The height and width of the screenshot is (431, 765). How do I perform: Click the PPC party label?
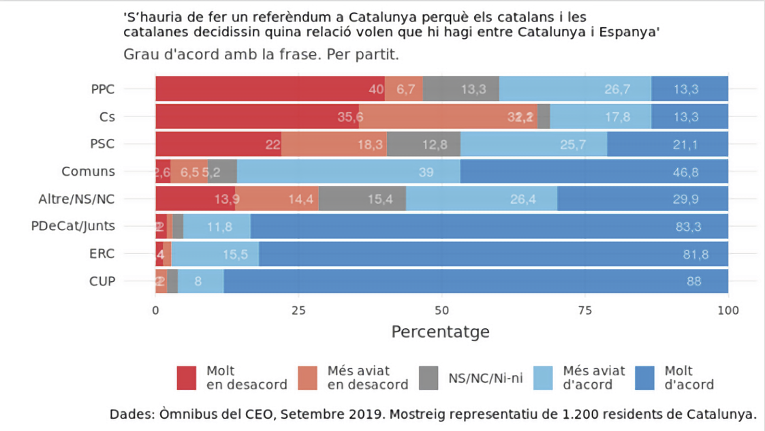click(102, 89)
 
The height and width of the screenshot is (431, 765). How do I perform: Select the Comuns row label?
click(88, 172)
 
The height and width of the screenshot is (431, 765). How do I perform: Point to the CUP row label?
click(102, 281)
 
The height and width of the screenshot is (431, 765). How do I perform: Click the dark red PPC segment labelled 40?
click(270, 89)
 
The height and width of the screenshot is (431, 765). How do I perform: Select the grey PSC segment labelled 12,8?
click(424, 144)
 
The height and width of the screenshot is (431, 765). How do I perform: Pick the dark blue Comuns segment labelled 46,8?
click(594, 172)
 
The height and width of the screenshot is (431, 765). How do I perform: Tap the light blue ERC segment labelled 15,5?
click(215, 254)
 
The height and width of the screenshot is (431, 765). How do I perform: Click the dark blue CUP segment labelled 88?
click(475, 281)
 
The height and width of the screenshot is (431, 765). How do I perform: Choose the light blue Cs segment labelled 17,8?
click(600, 116)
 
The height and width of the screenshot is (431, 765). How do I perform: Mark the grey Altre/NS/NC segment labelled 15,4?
click(362, 199)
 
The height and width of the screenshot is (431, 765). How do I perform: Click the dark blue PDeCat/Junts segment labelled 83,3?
click(489, 227)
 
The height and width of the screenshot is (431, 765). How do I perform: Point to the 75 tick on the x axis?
click(585, 310)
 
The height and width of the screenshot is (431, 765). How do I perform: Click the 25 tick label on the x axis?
click(298, 310)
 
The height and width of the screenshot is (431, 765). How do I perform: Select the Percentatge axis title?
click(440, 332)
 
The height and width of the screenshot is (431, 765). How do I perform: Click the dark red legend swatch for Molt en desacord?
click(187, 378)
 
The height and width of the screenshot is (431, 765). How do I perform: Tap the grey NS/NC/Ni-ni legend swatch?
click(429, 378)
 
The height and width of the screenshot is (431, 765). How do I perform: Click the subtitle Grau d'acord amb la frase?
click(261, 54)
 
